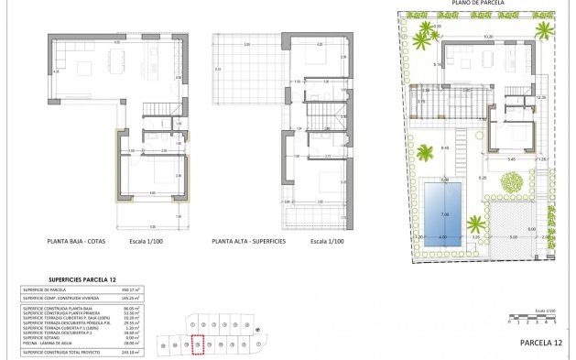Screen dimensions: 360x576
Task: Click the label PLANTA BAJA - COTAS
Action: pos(78,242)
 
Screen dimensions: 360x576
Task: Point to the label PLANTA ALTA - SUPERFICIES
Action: pos(248,242)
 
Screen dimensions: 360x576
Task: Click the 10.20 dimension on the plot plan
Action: pos(488,38)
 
